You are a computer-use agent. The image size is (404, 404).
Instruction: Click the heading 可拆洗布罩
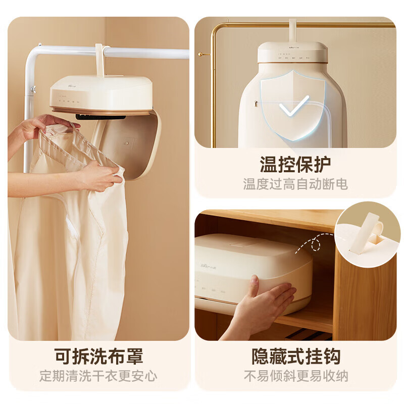tap(98, 357)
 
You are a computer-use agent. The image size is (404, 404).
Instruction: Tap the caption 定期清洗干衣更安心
tap(98, 376)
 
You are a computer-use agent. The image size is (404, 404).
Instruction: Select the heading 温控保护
tap(295, 164)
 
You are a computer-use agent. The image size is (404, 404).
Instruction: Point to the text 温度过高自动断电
tap(295, 184)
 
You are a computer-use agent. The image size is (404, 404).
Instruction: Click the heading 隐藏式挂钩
tap(296, 357)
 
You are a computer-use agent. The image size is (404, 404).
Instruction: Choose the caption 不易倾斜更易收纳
tap(296, 376)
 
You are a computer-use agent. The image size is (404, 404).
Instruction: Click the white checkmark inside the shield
tap(294, 107)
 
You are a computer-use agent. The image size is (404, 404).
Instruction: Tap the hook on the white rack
tap(100, 59)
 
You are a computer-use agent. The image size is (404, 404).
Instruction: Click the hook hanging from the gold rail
tap(292, 30)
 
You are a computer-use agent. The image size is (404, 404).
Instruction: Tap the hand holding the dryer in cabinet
tap(268, 303)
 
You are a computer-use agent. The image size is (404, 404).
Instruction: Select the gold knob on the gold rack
tap(201, 54)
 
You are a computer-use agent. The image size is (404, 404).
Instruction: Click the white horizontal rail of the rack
tap(146, 52)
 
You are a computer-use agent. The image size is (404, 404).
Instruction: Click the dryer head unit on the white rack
tap(101, 93)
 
